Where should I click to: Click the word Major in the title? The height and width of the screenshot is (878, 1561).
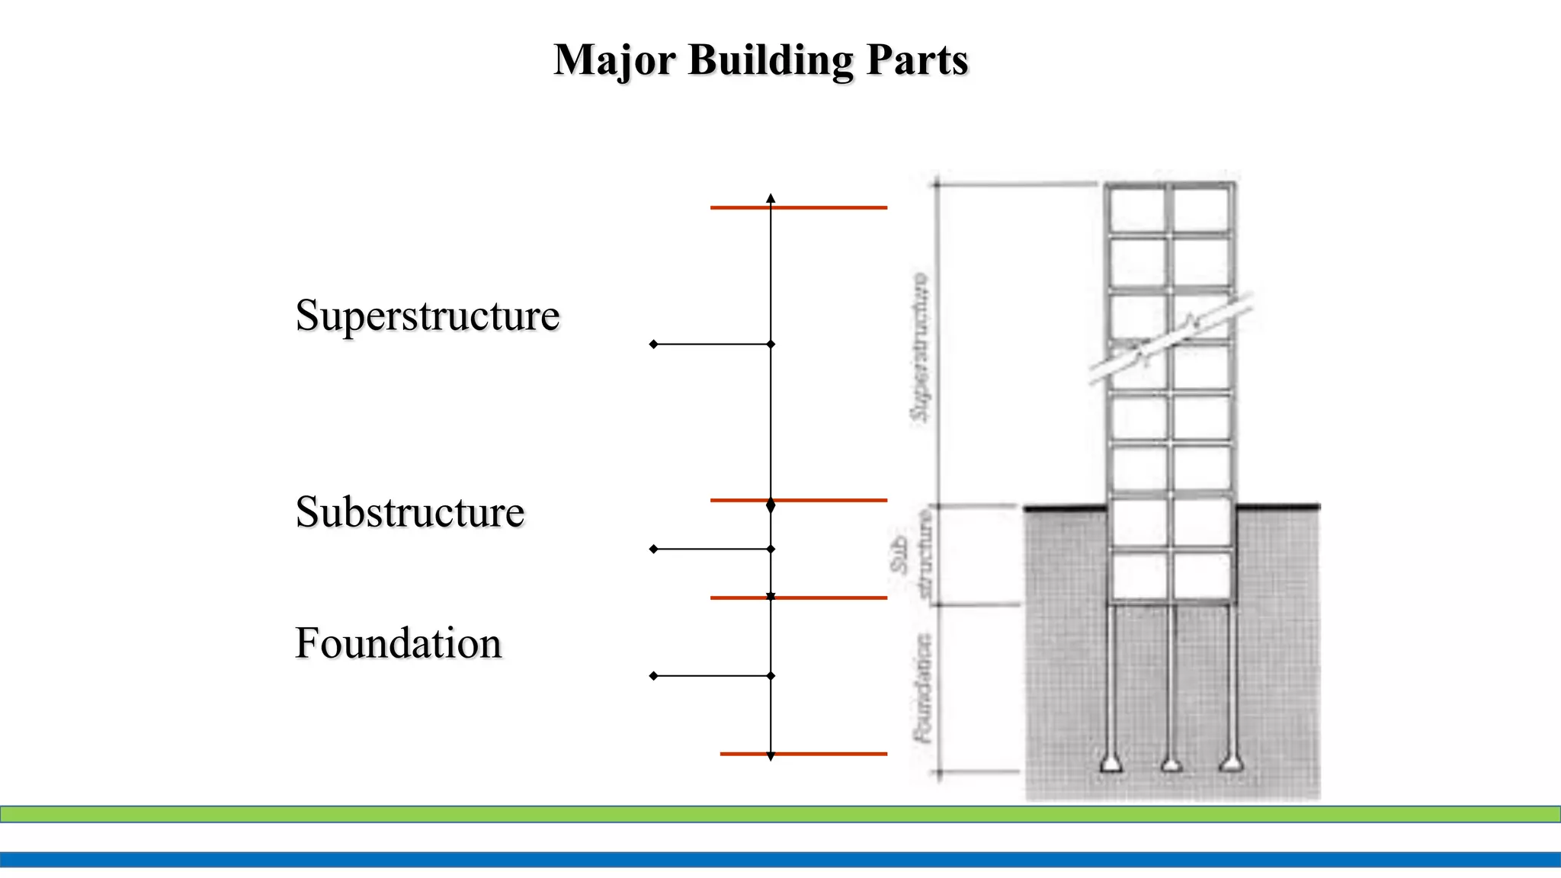(x=614, y=61)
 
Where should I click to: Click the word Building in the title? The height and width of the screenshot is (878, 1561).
(x=771, y=61)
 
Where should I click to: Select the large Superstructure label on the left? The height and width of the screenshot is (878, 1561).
(x=428, y=316)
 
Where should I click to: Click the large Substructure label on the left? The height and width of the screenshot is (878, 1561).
(x=410, y=512)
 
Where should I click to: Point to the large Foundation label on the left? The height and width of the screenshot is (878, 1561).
(x=399, y=643)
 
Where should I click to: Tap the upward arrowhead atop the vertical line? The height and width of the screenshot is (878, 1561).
(x=771, y=198)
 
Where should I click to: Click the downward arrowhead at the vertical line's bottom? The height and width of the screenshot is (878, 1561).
(x=771, y=757)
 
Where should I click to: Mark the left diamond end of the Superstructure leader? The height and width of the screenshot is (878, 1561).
(x=653, y=344)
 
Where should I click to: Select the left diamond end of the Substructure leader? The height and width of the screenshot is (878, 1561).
(x=653, y=549)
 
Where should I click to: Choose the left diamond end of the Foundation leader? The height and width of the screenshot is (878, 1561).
(x=653, y=676)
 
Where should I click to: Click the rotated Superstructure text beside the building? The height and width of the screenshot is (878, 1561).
(x=921, y=347)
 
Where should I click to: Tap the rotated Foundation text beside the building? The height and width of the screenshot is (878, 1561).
(x=923, y=688)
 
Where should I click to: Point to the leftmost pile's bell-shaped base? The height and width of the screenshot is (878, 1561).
(x=1111, y=763)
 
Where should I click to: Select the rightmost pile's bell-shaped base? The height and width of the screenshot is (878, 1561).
(x=1231, y=763)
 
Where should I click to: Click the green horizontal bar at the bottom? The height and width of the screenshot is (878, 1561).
(x=780, y=814)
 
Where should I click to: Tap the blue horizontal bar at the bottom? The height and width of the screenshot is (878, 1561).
(x=780, y=860)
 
